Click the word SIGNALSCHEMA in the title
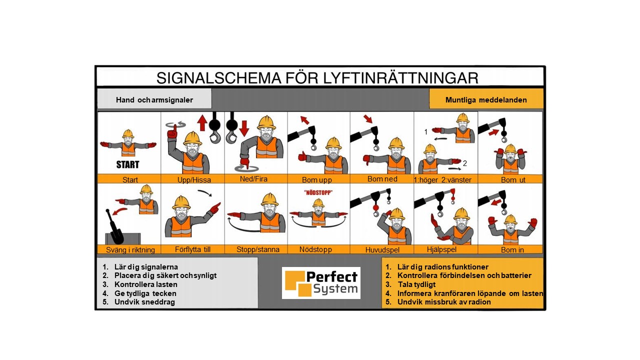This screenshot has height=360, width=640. coord(218,78)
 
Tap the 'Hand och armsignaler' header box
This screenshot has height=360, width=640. coord(154,98)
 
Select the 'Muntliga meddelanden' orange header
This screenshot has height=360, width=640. coord(486,98)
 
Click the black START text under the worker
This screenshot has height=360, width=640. coord(127,164)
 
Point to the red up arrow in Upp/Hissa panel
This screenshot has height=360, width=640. coord(202,123)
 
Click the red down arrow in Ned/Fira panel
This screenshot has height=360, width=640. coord(244,128)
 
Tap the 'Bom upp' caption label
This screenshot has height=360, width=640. coord(317,180)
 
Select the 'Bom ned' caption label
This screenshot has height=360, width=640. coord(382,179)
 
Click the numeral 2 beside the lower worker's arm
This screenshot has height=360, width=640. coord(465,163)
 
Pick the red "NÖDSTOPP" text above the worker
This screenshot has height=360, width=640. coord(318,192)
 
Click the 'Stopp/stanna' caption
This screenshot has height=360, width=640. coord(257,249)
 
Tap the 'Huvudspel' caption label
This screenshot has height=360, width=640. coord(382,250)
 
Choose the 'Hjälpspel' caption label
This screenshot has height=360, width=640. coord(441,249)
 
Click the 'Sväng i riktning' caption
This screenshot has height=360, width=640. coord(130,250)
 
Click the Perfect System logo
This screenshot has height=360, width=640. coord(321,283)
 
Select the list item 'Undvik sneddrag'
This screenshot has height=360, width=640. coord(144,302)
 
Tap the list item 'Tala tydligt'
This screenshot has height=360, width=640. coord(416,284)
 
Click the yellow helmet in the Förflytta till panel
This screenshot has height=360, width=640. coord(181,202)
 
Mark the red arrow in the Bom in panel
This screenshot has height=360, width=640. coord(496,202)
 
